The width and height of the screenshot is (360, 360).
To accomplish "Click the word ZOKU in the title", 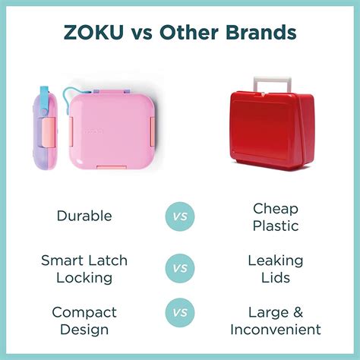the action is (93, 32).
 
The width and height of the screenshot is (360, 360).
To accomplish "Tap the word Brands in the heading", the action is (261, 32).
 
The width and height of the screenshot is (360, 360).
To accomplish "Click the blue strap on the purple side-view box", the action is (44, 101).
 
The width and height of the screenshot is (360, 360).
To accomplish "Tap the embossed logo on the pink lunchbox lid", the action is (94, 131).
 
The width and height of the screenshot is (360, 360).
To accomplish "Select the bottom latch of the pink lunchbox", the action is (112, 167).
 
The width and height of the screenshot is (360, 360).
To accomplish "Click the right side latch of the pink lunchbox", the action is (152, 131).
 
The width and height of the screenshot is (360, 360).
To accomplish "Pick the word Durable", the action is (84, 216).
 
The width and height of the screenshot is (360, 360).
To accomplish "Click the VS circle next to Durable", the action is (180, 216).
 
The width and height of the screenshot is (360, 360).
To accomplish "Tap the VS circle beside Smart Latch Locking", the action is (180, 268).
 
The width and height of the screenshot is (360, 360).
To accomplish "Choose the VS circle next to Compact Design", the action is (180, 312).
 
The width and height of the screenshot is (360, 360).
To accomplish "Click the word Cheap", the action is (276, 210).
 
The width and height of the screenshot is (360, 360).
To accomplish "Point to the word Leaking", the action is (276, 261).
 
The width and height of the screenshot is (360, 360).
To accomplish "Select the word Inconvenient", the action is (276, 330).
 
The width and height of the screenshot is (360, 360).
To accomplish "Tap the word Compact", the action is (84, 313).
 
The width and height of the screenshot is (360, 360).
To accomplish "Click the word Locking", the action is (84, 279).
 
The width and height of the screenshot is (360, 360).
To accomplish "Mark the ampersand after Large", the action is (298, 312).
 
